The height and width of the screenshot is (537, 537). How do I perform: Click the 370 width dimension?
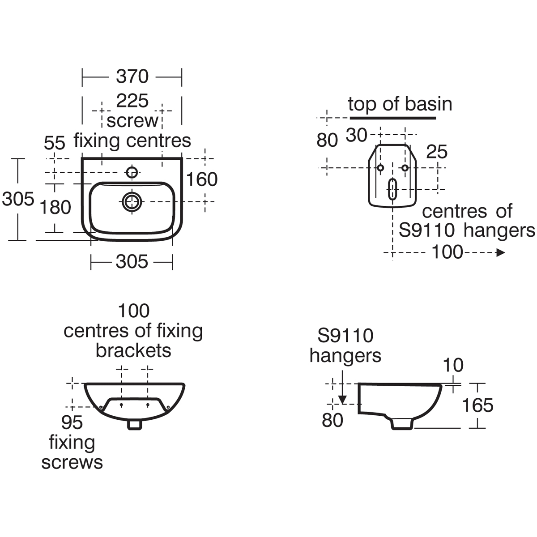[x=132, y=77]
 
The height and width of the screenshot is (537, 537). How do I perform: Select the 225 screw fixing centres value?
[x=132, y=101]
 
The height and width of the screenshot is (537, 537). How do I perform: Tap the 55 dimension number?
[x=55, y=143]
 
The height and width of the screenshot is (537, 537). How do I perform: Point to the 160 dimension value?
[x=202, y=179]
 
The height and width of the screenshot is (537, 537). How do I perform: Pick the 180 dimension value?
[x=55, y=207]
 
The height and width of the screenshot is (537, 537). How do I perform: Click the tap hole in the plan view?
[x=132, y=171]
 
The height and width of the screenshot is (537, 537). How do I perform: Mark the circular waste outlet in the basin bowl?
[x=132, y=201]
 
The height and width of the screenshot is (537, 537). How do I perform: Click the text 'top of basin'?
[x=400, y=104]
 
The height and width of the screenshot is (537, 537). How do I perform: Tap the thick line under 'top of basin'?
[x=392, y=118]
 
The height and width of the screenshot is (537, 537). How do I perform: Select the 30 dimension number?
[x=357, y=135]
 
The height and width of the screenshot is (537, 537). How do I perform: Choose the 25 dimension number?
[x=437, y=152]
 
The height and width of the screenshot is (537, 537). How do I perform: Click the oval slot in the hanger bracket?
[x=392, y=189]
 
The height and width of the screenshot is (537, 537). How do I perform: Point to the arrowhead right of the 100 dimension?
[x=501, y=253]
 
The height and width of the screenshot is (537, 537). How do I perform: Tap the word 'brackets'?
[x=133, y=351]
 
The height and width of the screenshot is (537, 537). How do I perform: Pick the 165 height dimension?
[x=477, y=405]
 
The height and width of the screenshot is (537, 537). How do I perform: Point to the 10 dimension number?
[x=453, y=366]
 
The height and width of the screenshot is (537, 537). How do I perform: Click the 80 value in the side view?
[x=332, y=420]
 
